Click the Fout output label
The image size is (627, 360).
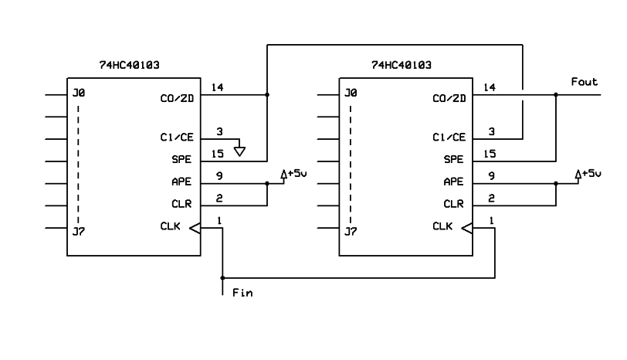pyautogui.click(x=585, y=82)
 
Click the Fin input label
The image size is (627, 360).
pyautogui.click(x=242, y=293)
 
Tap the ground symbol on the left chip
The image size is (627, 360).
pyautogui.click(x=239, y=151)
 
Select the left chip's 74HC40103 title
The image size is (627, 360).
pyautogui.click(x=129, y=65)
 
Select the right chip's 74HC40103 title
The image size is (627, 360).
pyautogui.click(x=402, y=65)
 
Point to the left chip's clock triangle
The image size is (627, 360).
pyautogui.click(x=195, y=229)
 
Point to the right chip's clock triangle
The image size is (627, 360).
pyautogui.click(x=467, y=229)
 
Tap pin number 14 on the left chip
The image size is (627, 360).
pyautogui.click(x=217, y=87)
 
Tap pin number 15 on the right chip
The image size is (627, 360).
pyautogui.click(x=490, y=154)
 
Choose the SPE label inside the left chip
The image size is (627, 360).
pyautogui.click(x=181, y=159)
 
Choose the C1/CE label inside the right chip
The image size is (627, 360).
pyautogui.click(x=449, y=138)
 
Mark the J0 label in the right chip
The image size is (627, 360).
pyautogui.click(x=351, y=93)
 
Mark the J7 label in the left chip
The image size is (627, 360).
pyautogui.click(x=79, y=231)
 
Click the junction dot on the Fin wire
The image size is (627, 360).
pyautogui.click(x=222, y=277)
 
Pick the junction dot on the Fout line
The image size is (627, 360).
pyautogui.click(x=556, y=95)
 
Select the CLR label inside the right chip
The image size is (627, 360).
pyautogui.click(x=453, y=204)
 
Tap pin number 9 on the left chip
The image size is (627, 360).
pyautogui.click(x=219, y=176)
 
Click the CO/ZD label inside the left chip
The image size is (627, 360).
pyautogui.click(x=177, y=98)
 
